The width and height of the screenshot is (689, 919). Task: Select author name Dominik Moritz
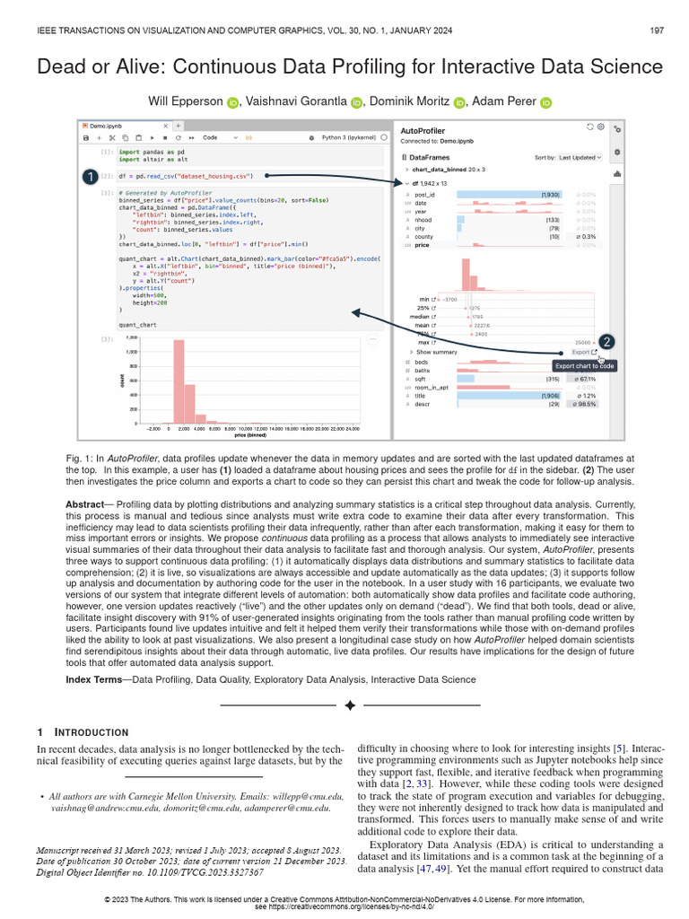[x=412, y=102]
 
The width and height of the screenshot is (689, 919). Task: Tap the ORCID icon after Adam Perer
[x=546, y=103]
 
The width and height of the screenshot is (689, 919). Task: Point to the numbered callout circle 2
[x=607, y=341]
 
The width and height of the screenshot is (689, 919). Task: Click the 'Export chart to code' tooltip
[x=584, y=366]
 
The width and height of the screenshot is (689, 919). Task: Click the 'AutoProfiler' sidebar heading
[x=423, y=131]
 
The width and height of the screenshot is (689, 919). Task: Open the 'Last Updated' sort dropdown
[x=580, y=157]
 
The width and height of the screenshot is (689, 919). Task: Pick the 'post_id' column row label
[x=424, y=195]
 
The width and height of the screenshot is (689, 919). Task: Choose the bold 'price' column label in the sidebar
[x=423, y=244]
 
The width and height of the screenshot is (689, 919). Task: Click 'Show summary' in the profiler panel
[x=435, y=352]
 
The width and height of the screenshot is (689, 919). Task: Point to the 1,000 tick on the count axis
[x=131, y=352]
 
